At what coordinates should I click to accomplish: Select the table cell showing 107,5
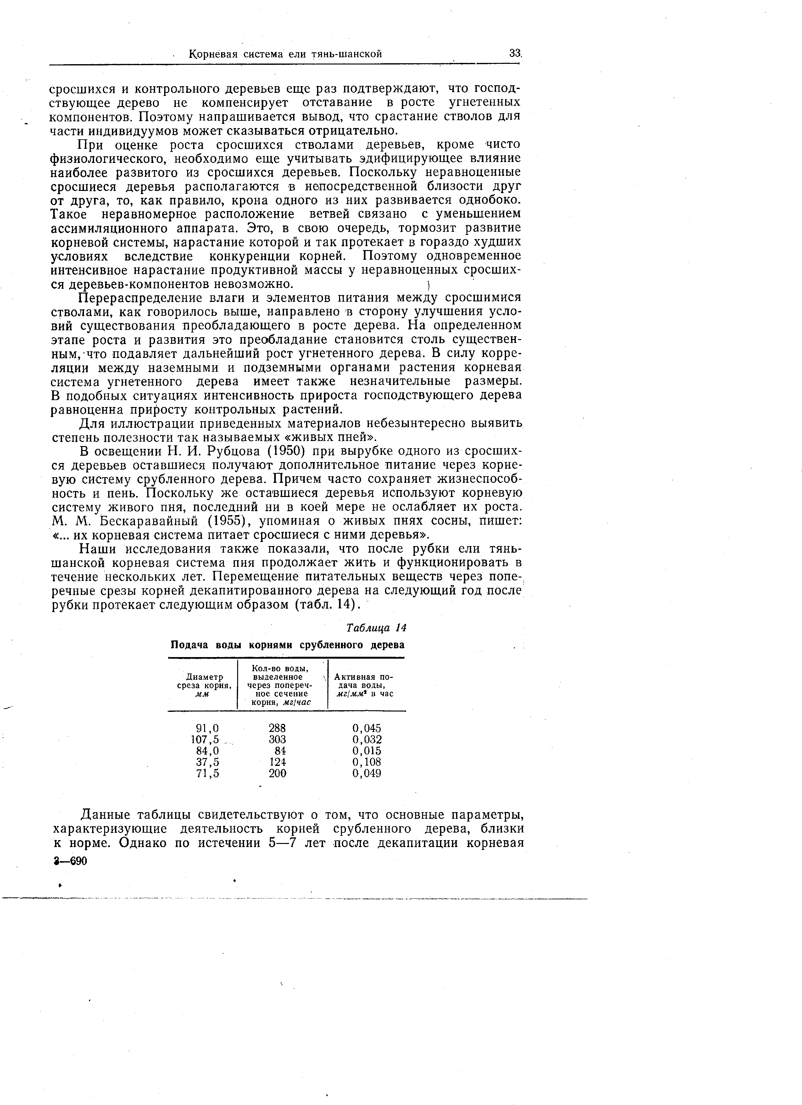point(205,739)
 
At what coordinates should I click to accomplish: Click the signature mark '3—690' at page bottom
point(71,862)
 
